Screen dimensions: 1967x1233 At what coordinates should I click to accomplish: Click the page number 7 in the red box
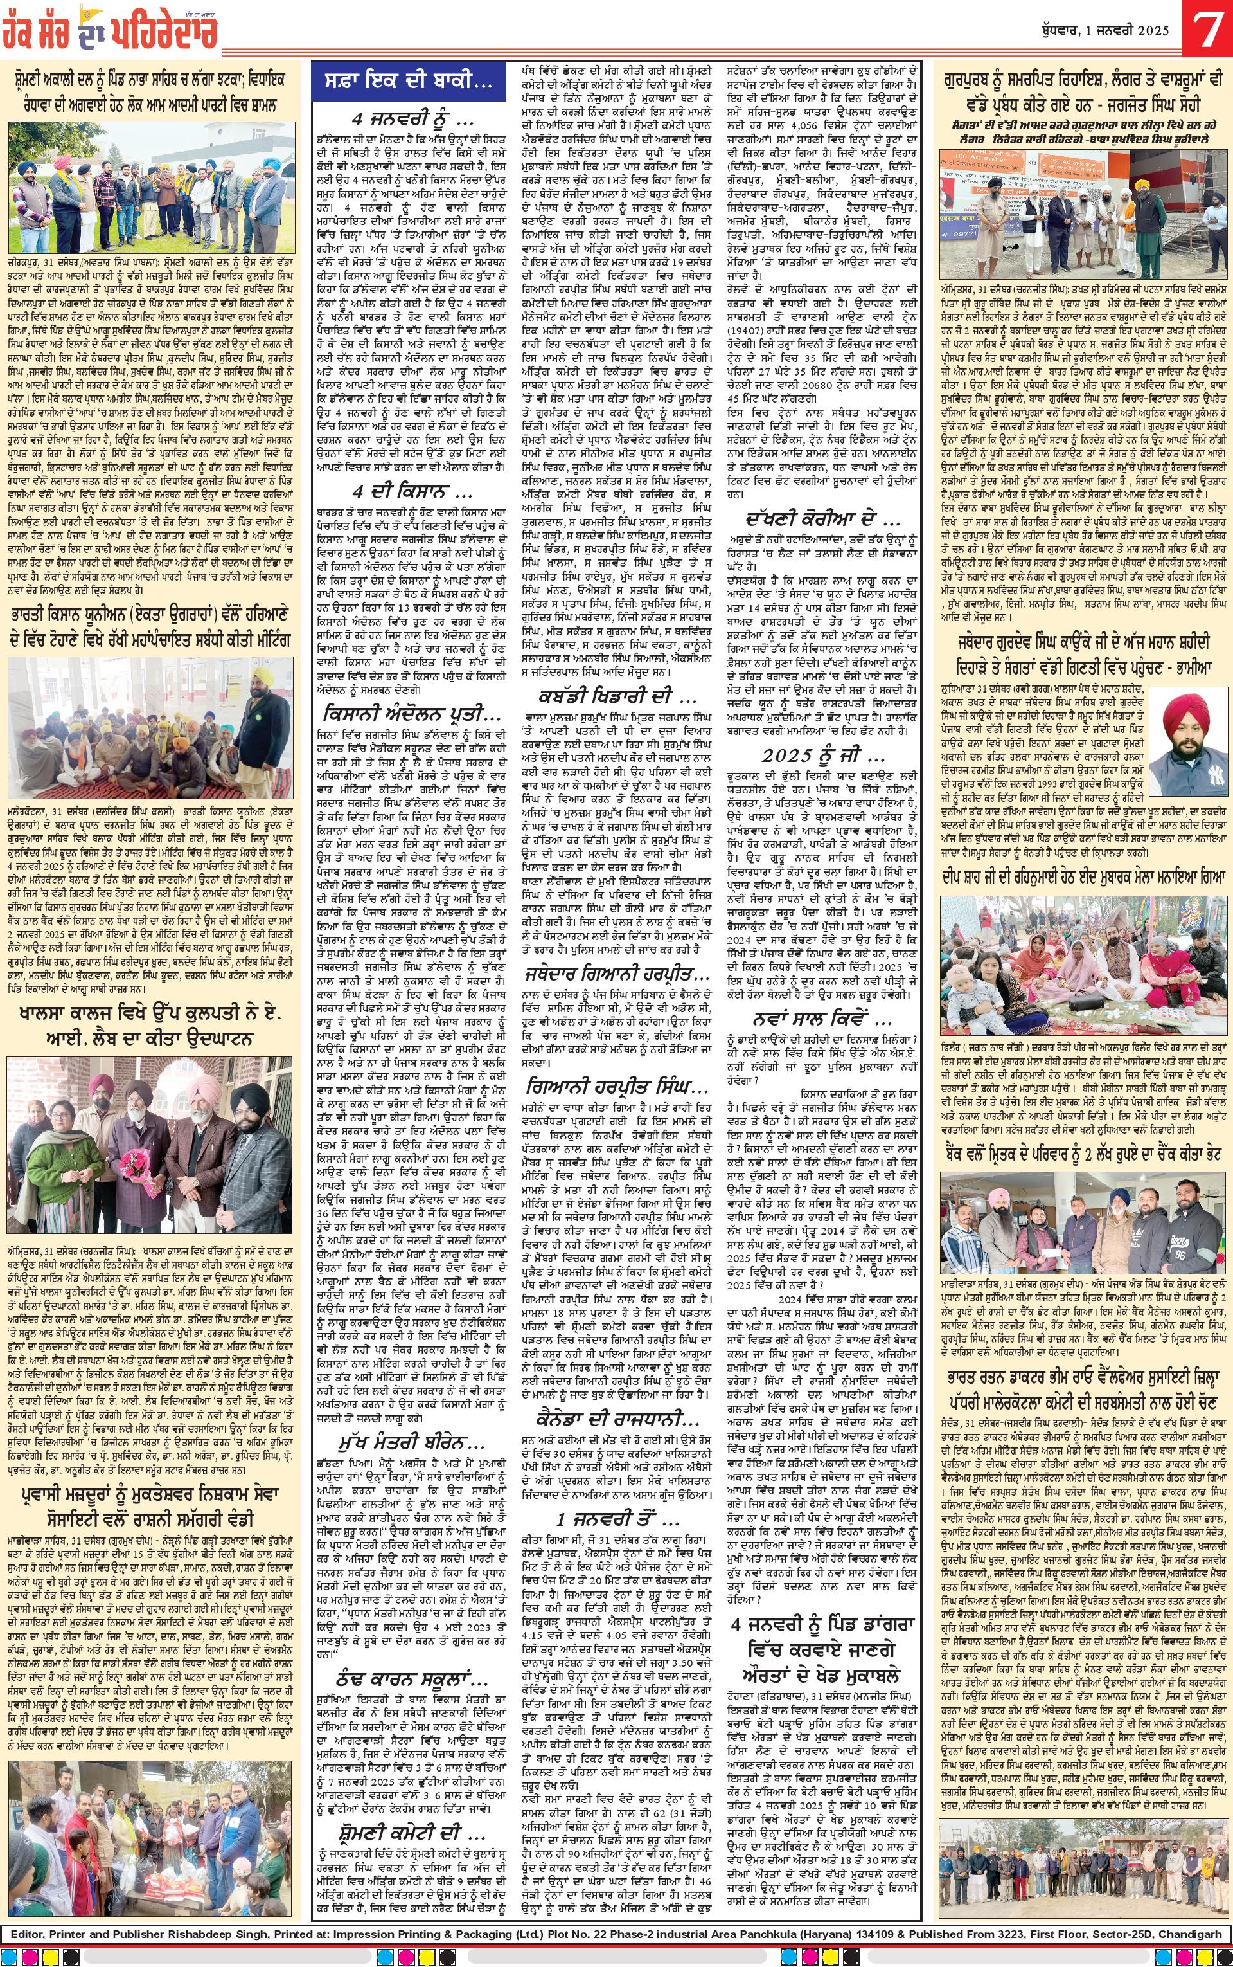click(x=1209, y=30)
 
